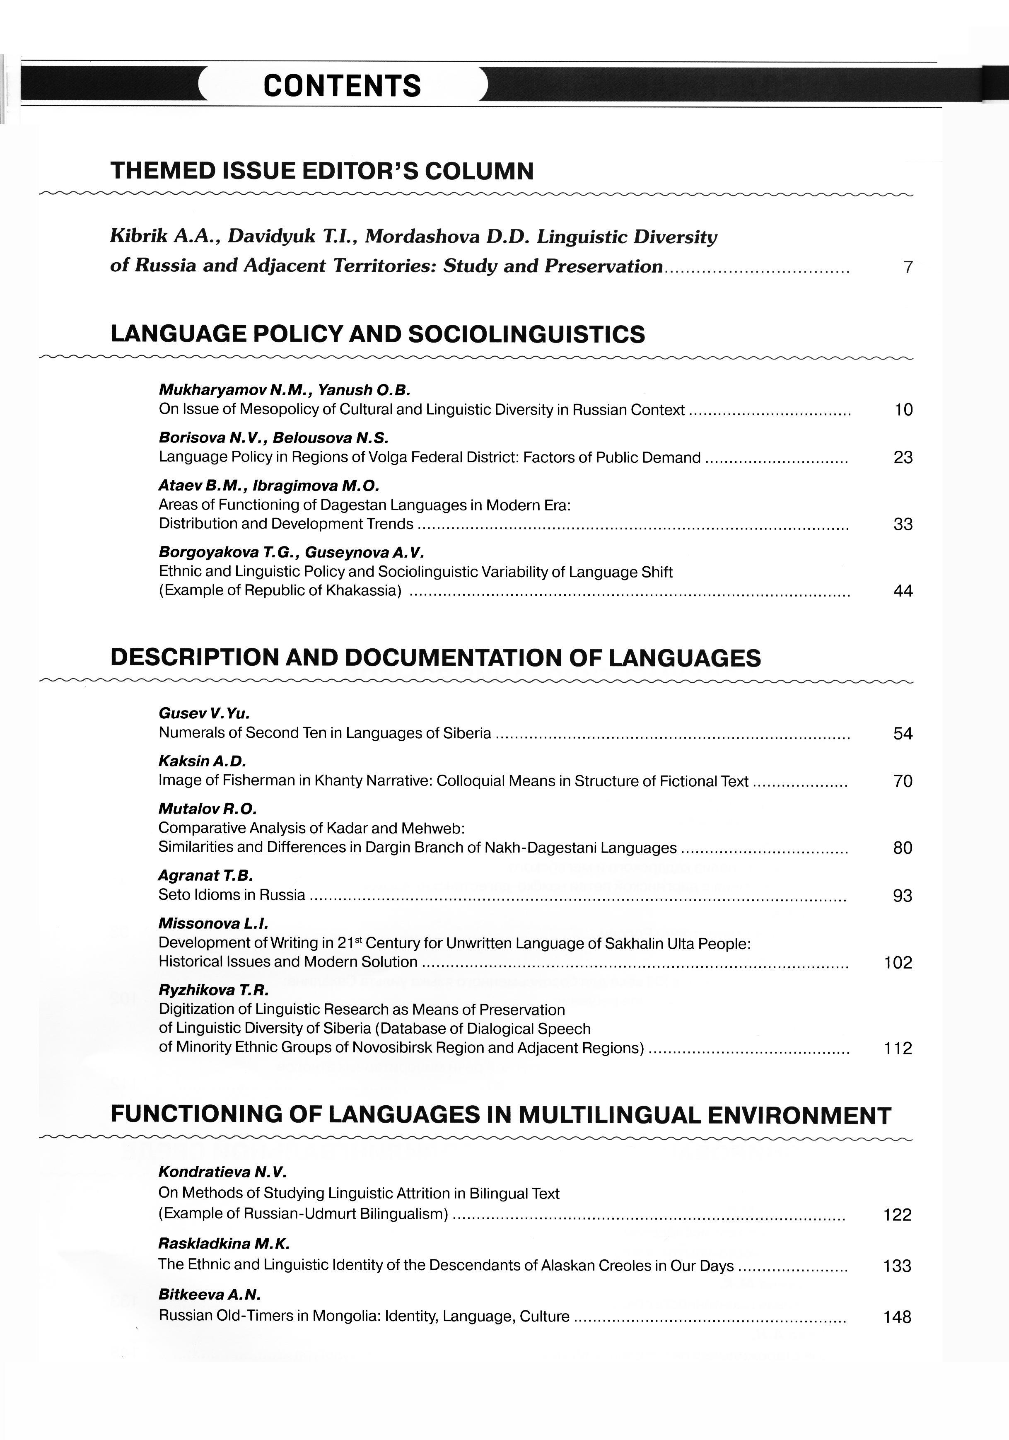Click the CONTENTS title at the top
click(x=342, y=86)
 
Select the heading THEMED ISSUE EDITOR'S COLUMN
click(x=322, y=171)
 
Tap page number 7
click(x=908, y=268)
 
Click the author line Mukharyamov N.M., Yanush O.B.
click(x=284, y=390)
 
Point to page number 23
click(x=903, y=458)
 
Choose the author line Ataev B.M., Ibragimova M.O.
click(x=269, y=486)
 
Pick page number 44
click(x=903, y=591)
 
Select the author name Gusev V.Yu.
click(x=204, y=713)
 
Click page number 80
click(x=903, y=848)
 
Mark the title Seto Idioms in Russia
click(x=232, y=895)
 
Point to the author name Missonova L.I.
click(x=213, y=923)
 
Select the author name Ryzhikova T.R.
click(x=213, y=990)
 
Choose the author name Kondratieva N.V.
click(x=222, y=1172)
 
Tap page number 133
click(x=897, y=1266)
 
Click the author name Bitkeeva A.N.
click(x=209, y=1295)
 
